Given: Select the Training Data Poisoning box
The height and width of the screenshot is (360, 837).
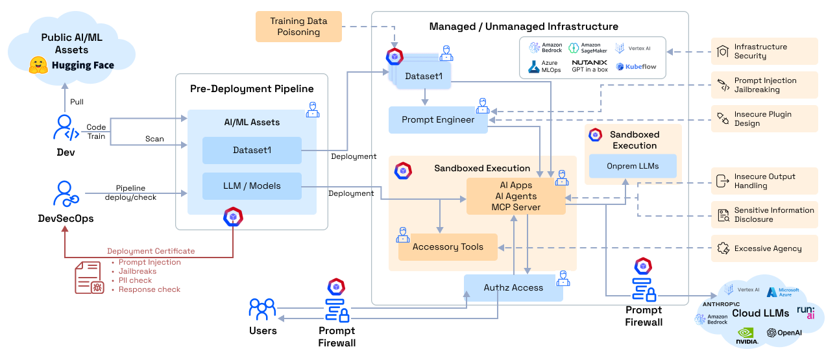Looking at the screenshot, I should coord(298,27).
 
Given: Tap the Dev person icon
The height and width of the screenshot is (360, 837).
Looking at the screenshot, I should coord(66,128).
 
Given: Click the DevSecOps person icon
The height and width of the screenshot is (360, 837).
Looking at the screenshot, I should coord(65,194).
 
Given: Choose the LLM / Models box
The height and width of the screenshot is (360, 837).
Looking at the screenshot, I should coord(252,186).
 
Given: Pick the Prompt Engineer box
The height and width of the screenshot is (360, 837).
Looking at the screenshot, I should coord(438,120).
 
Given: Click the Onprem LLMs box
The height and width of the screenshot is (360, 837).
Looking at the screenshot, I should coord(633,166).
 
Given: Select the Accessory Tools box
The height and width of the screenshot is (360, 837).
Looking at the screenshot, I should coord(448,247).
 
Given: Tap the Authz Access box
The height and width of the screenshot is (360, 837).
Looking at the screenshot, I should coord(513,287).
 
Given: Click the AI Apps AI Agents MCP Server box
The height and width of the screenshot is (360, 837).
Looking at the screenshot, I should coord(515,197).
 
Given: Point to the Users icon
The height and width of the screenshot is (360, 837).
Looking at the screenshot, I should coord(263,309).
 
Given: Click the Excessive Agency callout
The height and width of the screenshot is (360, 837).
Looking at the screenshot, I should coord(764,248).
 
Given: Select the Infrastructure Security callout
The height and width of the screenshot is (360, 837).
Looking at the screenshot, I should coord(764,51).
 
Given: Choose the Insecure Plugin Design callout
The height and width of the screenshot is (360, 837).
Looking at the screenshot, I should coord(764,119).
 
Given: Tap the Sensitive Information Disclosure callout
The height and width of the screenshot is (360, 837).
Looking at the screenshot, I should coord(764,215).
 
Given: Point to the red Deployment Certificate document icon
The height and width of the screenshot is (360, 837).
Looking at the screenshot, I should coord(88,278).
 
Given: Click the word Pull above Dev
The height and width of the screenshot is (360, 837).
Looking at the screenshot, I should coord(77,102).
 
